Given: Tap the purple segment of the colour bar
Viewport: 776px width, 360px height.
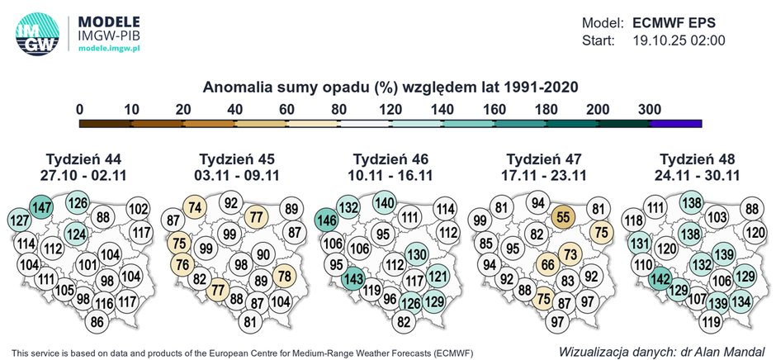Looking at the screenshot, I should pos(676,123).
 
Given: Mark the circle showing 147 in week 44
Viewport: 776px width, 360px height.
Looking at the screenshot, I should pos(40,206).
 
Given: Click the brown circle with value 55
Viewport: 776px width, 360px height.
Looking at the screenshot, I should pos(564,217).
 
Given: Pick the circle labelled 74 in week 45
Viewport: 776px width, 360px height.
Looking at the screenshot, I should pos(195,209).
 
